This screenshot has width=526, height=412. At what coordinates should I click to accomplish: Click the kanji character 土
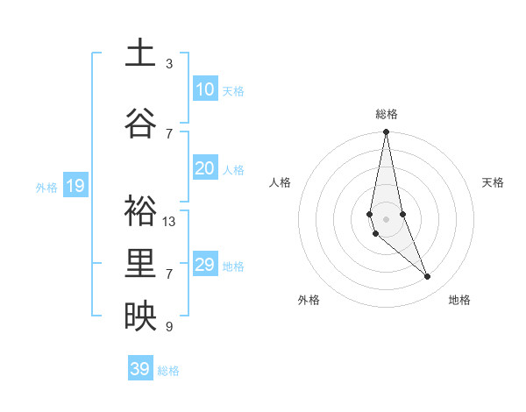point(140,53)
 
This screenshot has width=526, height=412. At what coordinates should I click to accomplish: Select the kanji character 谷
point(140,123)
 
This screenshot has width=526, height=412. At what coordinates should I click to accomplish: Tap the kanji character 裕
point(140,210)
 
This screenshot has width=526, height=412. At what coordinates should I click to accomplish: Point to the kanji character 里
point(140,263)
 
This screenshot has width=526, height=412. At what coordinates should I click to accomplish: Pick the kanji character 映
point(140,316)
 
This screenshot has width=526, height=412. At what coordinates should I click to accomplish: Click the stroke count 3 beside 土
point(169,64)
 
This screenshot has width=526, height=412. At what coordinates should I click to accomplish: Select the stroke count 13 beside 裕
point(169,222)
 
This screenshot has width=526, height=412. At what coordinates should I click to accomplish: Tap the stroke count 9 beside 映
point(169,327)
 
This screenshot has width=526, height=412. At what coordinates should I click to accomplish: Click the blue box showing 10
point(204,89)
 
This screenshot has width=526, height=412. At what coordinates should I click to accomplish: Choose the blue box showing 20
point(204,168)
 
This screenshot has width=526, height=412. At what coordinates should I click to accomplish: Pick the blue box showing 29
point(204,265)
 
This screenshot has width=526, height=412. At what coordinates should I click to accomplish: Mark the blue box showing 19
point(75,186)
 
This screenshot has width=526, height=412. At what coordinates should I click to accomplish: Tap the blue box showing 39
point(140,369)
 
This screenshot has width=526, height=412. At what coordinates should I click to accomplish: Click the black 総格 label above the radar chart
point(387,114)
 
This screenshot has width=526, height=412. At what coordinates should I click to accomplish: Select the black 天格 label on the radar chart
point(494,182)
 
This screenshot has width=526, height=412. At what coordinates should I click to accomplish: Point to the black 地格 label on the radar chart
point(459,301)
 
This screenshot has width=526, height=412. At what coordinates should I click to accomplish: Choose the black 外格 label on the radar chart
point(309,301)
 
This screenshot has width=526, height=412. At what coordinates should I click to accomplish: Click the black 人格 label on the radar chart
point(280,182)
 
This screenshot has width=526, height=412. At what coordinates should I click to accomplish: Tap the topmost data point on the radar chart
point(386,132)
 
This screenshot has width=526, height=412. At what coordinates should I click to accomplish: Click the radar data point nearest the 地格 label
point(428,277)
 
